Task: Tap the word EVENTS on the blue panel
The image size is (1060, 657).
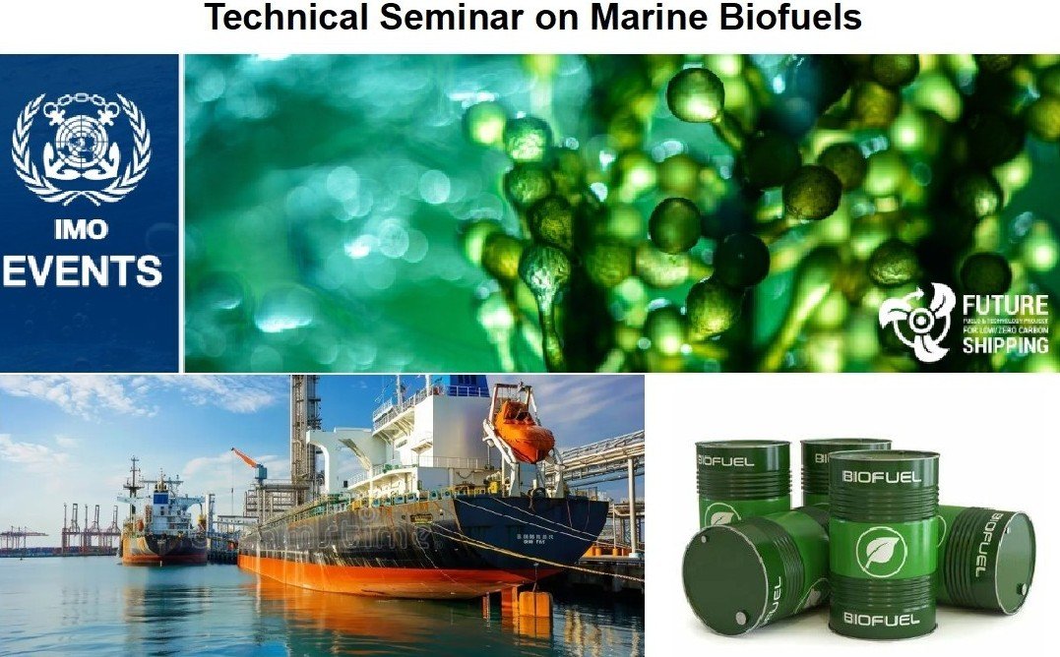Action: (82, 270)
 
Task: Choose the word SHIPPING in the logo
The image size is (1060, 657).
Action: (1006, 346)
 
